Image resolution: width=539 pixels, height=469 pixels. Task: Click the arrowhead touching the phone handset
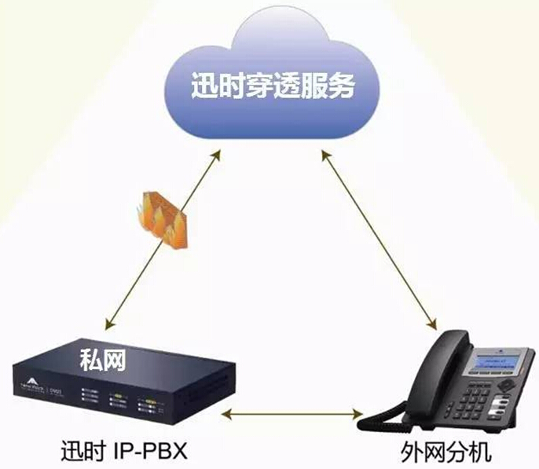click(430, 323)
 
